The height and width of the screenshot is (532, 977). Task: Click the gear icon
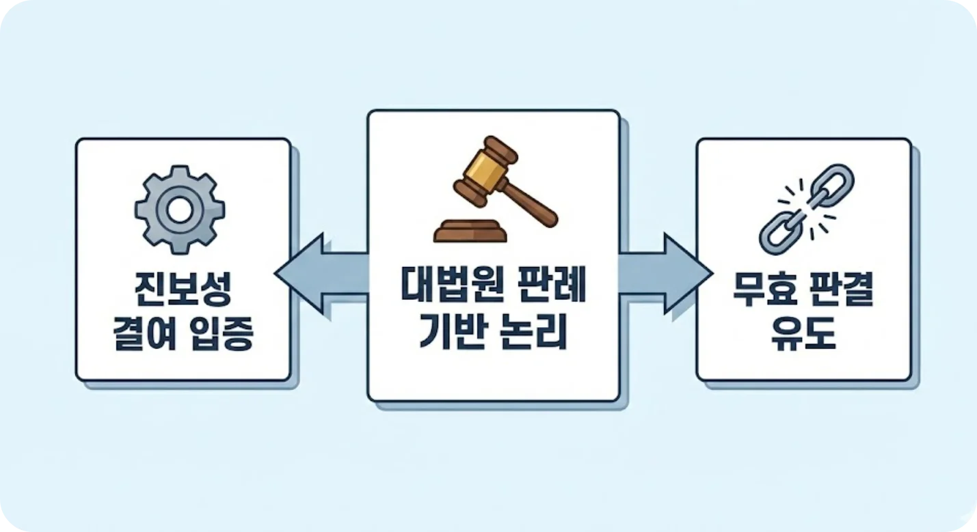point(180,210)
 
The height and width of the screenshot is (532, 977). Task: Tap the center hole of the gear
point(180,210)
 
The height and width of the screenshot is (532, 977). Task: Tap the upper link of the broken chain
point(830,184)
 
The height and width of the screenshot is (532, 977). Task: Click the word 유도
point(803,336)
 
